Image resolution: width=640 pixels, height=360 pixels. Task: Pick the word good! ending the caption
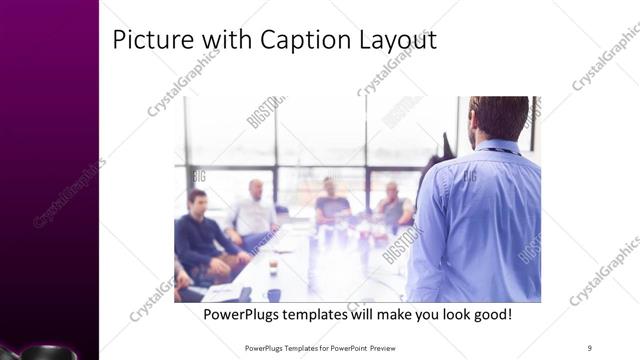tap(490, 315)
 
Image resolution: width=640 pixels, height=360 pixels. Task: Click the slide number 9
tap(589, 348)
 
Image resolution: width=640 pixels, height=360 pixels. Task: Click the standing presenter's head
tap(499, 115)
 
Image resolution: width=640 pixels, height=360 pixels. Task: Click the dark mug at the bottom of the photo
tap(273, 294)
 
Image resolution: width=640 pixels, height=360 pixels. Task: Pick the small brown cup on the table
tap(273, 265)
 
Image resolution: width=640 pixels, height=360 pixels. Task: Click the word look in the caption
tap(442, 315)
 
